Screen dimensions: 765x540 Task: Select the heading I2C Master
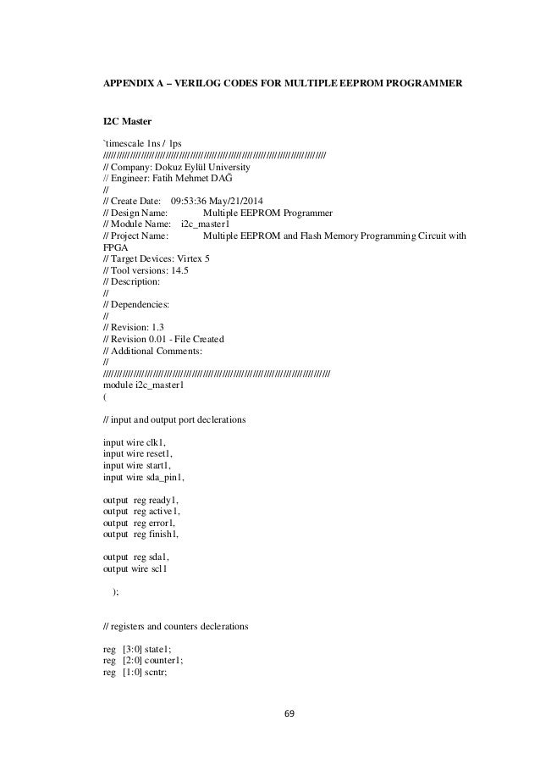(127, 125)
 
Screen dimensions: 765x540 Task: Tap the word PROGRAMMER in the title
(422, 86)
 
